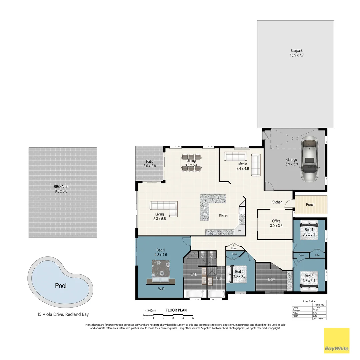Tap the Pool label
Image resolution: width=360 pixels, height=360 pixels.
pyautogui.click(x=61, y=286)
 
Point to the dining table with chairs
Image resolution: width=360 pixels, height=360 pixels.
pyautogui.click(x=191, y=163)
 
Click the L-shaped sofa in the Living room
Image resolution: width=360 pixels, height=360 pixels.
pyautogui.click(x=164, y=208)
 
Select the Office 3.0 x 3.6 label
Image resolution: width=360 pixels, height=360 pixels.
pyautogui.click(x=276, y=223)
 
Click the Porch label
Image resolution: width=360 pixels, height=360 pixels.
pyautogui.click(x=310, y=205)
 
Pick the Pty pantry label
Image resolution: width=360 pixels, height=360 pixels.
pyautogui.click(x=239, y=231)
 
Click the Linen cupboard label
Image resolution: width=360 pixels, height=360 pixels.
pyautogui.click(x=233, y=248)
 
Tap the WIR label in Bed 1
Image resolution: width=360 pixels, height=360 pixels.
pyautogui.click(x=161, y=289)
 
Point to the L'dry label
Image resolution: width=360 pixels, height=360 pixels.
pyautogui.click(x=271, y=279)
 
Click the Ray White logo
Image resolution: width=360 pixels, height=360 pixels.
pyautogui.click(x=337, y=340)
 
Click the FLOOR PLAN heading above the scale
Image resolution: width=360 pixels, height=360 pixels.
pyautogui.click(x=176, y=310)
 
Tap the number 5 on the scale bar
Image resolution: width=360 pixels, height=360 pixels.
pyautogui.click(x=193, y=318)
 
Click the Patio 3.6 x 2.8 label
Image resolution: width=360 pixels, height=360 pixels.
pyautogui.click(x=150, y=163)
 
